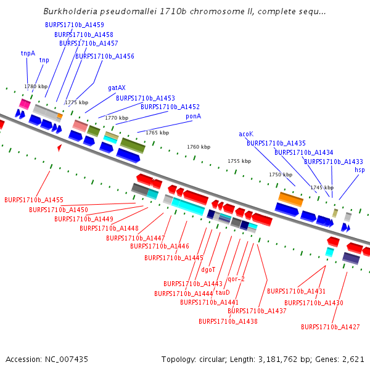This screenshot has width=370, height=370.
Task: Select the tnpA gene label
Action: click(28, 53)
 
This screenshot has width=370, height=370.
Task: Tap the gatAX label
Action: click(117, 88)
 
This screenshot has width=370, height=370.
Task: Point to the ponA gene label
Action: click(193, 116)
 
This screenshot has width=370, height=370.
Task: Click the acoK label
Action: click(246, 134)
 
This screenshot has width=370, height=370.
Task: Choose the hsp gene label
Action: click(360, 170)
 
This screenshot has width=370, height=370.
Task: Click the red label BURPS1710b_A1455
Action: click(34, 200)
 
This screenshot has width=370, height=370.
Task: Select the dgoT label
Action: click(208, 269)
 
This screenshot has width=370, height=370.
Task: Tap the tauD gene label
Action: click(223, 292)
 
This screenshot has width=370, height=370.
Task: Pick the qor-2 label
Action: click(236, 279)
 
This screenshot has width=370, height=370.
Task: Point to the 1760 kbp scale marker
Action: click(199, 147)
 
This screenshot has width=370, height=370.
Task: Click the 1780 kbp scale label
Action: click(35, 86)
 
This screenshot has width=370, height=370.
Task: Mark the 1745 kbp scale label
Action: click(322, 187)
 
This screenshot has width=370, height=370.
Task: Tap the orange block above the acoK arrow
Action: click(290, 199)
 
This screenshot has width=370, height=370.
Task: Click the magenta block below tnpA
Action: click(25, 104)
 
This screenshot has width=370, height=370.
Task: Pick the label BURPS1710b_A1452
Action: click(170, 107)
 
